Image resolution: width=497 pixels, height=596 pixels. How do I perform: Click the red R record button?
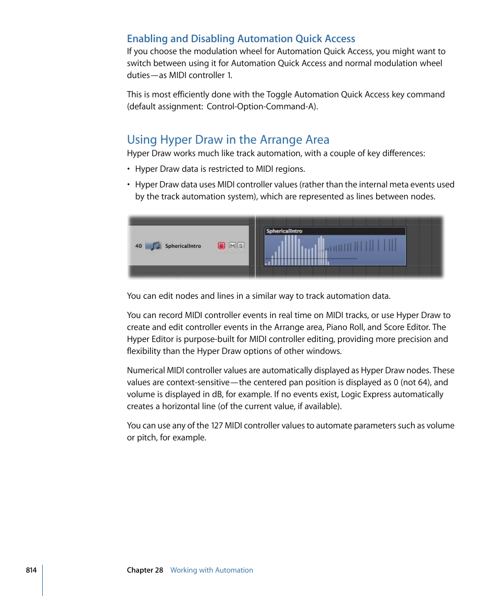[221, 246]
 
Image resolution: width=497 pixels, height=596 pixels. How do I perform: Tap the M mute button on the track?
[232, 246]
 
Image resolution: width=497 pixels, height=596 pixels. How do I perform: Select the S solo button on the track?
[241, 246]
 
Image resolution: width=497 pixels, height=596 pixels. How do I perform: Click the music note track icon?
[153, 246]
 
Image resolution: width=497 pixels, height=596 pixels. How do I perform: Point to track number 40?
[139, 246]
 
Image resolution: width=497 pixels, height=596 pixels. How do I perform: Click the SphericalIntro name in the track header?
[183, 246]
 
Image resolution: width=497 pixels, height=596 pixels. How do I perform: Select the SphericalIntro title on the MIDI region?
[284, 231]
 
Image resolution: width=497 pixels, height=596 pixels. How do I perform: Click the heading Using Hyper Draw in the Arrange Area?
[228, 140]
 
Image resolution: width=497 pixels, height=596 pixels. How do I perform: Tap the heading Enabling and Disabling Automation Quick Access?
[241, 39]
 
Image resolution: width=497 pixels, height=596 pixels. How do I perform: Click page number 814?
[31, 570]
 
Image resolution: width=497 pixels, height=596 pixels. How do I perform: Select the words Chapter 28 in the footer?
[145, 570]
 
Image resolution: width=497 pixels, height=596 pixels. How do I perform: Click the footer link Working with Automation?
[212, 570]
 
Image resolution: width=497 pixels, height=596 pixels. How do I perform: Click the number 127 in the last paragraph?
[217, 425]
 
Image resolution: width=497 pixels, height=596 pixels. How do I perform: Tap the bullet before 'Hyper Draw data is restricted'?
[129, 169]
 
